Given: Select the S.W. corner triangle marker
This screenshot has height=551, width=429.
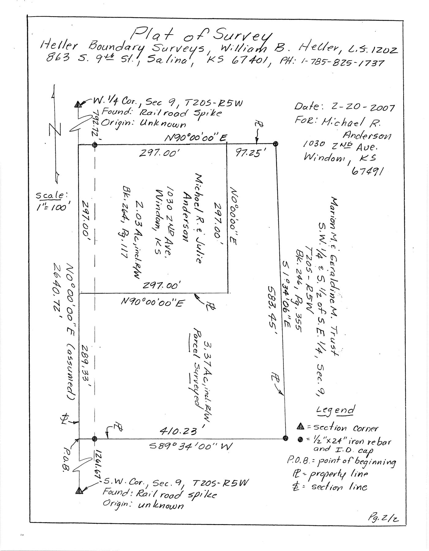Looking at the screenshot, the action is point(79,490).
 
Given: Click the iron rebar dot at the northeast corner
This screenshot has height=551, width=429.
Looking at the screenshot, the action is point(275,143).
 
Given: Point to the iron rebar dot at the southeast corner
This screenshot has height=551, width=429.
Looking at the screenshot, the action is point(286,438).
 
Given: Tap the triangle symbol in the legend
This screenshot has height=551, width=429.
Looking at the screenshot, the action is point(300,426).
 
